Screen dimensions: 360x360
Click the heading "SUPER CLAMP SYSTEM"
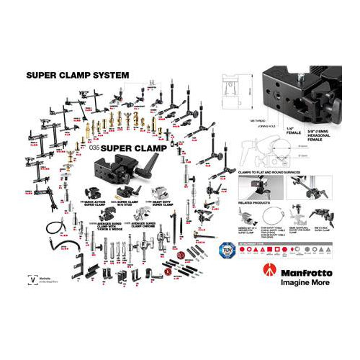(x=77, y=74)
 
